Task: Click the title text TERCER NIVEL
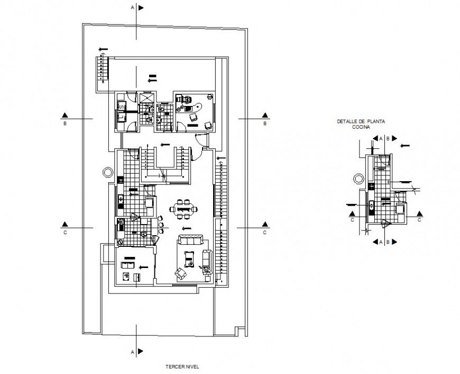pos(180,366)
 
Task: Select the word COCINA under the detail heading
pos(362,128)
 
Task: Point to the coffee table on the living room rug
pos(189,260)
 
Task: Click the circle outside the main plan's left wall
pos(107,172)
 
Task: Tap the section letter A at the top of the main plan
pos(132,8)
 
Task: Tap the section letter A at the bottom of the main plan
pos(132,351)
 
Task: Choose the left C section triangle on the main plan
pos(65,223)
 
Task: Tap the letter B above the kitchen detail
pos(388,138)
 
